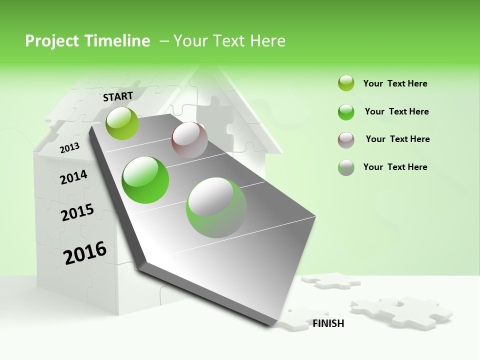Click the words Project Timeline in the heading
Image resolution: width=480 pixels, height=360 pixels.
[x=87, y=41]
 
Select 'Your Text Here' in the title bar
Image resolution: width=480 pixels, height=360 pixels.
[x=229, y=41]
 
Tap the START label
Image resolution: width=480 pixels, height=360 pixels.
[x=118, y=96]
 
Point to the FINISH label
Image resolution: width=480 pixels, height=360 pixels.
[x=328, y=323]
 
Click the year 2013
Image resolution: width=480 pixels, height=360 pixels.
[x=70, y=147]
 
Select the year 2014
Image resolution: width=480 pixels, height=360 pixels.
[x=73, y=177]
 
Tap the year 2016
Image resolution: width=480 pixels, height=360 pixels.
[x=85, y=253]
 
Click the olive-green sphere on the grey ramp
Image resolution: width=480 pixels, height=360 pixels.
[x=122, y=123]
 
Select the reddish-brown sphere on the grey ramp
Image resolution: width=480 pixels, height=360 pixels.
[x=189, y=140]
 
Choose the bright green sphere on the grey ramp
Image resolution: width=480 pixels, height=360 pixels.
[x=145, y=180]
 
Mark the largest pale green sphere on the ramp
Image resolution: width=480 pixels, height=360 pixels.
[x=216, y=207]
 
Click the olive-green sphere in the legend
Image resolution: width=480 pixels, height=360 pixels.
[x=346, y=83]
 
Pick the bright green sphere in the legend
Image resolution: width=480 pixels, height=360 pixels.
[x=346, y=112]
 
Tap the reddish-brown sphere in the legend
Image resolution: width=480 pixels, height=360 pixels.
[x=346, y=140]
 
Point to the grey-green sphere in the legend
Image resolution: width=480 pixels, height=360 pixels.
[x=346, y=167]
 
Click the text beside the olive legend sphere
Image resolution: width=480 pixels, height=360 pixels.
[x=395, y=83]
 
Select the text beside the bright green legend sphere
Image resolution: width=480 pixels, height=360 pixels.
[x=396, y=111]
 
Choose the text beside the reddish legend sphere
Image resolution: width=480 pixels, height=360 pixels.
[x=397, y=139]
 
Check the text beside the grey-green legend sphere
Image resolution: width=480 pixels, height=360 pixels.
[x=395, y=167]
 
